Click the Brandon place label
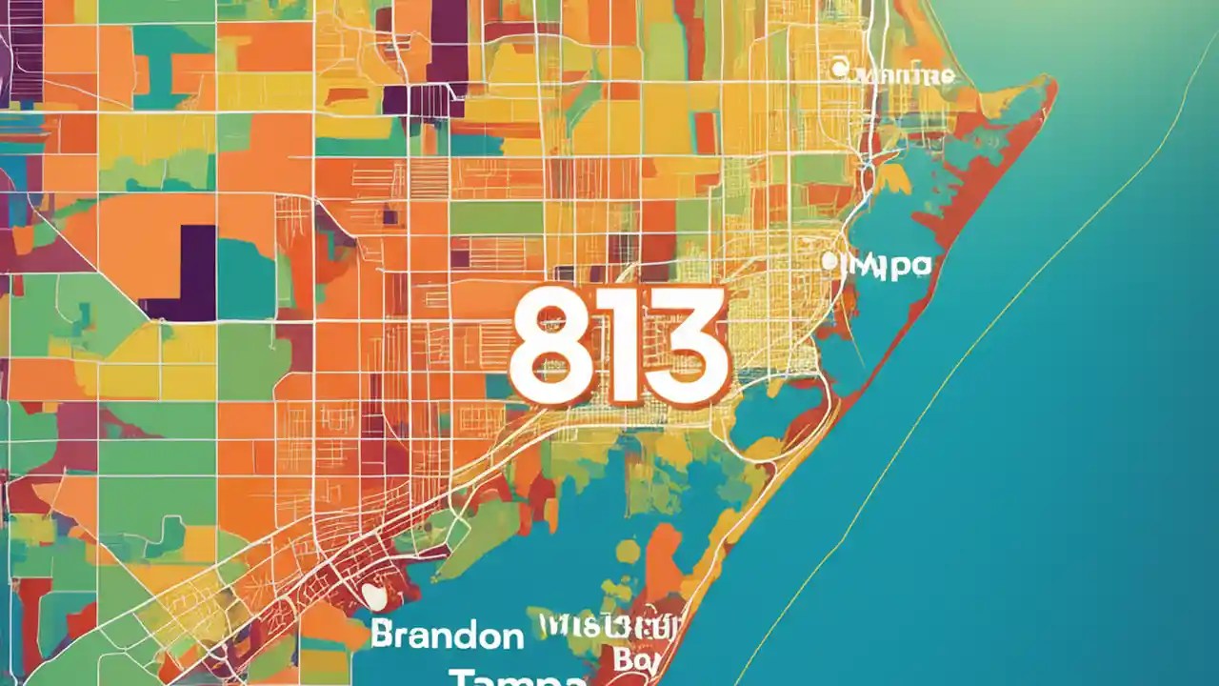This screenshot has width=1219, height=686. (448, 636)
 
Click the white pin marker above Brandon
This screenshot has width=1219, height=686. (376, 597)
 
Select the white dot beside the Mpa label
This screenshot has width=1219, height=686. (829, 259)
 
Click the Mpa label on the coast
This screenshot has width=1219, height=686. (886, 265)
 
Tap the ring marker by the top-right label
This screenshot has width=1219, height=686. (839, 69)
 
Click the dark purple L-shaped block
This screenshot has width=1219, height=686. (186, 276)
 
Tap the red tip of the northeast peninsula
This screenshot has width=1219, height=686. (1048, 86)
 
